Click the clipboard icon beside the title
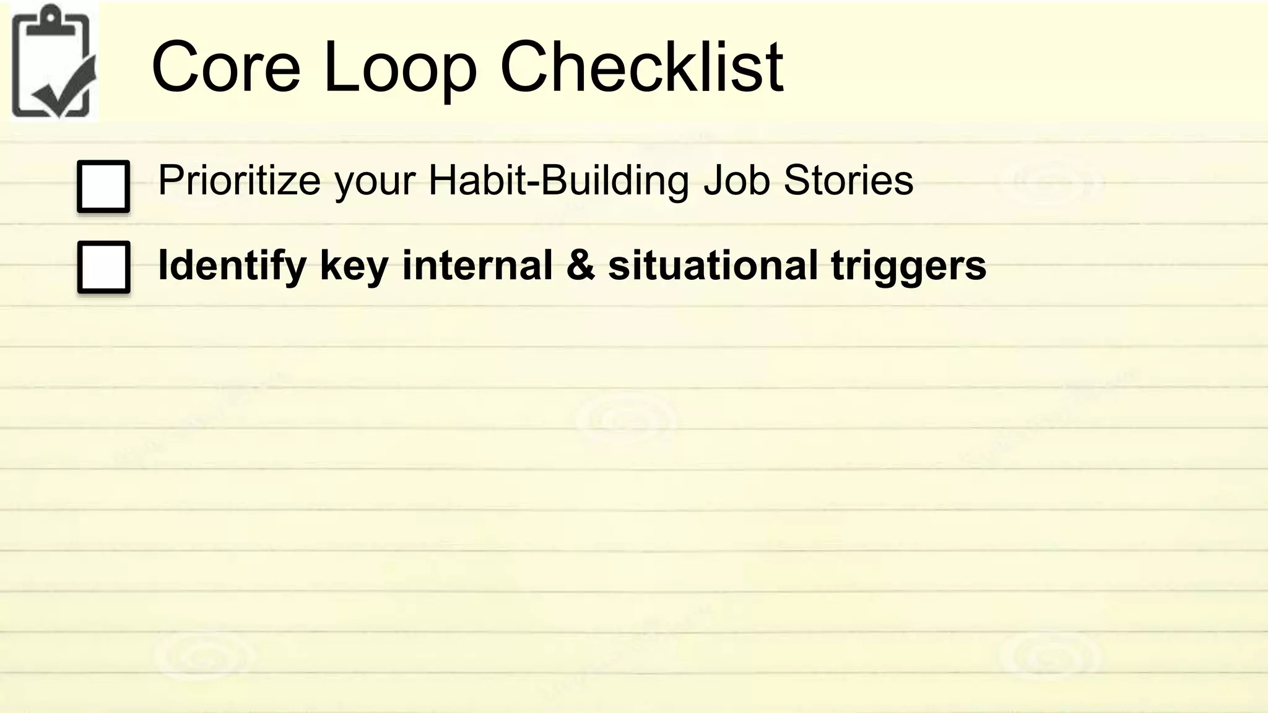pyautogui.click(x=53, y=62)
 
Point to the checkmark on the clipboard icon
pyautogui.click(x=65, y=90)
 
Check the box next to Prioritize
pyautogui.click(x=103, y=186)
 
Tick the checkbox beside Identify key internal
pyautogui.click(x=103, y=267)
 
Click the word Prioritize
pyautogui.click(x=239, y=181)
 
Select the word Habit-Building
pyautogui.click(x=558, y=181)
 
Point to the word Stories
pyautogui.click(x=848, y=181)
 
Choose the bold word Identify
pyautogui.click(x=232, y=266)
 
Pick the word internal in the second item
pyautogui.click(x=477, y=265)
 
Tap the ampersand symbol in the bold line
pyautogui.click(x=580, y=265)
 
